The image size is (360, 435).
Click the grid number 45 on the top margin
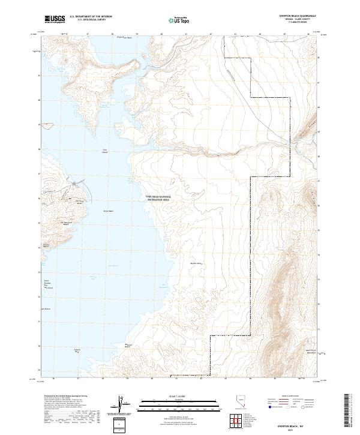pos(284,34)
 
